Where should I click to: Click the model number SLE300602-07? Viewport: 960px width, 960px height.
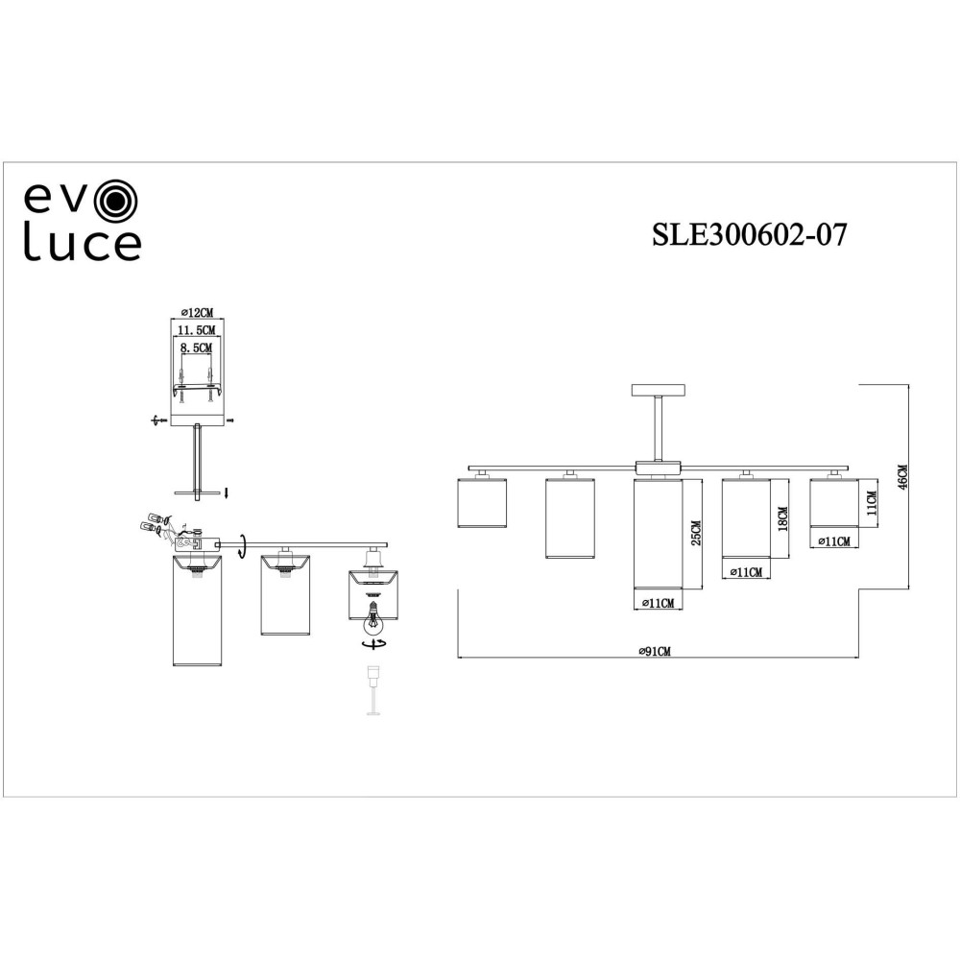750,234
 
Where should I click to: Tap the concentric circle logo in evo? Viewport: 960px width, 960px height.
117,199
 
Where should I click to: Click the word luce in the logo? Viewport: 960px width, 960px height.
83,245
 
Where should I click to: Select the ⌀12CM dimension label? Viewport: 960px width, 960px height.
197,313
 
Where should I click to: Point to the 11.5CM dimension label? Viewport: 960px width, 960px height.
196,330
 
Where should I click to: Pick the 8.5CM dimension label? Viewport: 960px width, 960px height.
196,348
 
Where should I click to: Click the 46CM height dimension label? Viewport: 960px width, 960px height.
901,477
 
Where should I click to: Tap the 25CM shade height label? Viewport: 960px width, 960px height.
696,533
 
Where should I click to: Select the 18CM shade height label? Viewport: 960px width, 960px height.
783,519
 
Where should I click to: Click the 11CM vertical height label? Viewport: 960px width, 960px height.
872,503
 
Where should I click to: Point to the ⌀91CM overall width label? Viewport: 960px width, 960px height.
654,652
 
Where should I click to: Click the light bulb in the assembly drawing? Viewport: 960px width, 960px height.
371,617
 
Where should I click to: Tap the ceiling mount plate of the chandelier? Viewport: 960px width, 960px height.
659,390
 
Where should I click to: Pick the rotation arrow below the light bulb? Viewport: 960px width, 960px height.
373,644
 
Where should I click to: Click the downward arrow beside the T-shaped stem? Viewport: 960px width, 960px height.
227,492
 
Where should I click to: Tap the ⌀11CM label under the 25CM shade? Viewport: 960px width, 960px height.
658,603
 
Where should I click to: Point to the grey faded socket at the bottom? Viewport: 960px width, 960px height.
372,689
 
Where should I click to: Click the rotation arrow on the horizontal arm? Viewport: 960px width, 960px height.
243,544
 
